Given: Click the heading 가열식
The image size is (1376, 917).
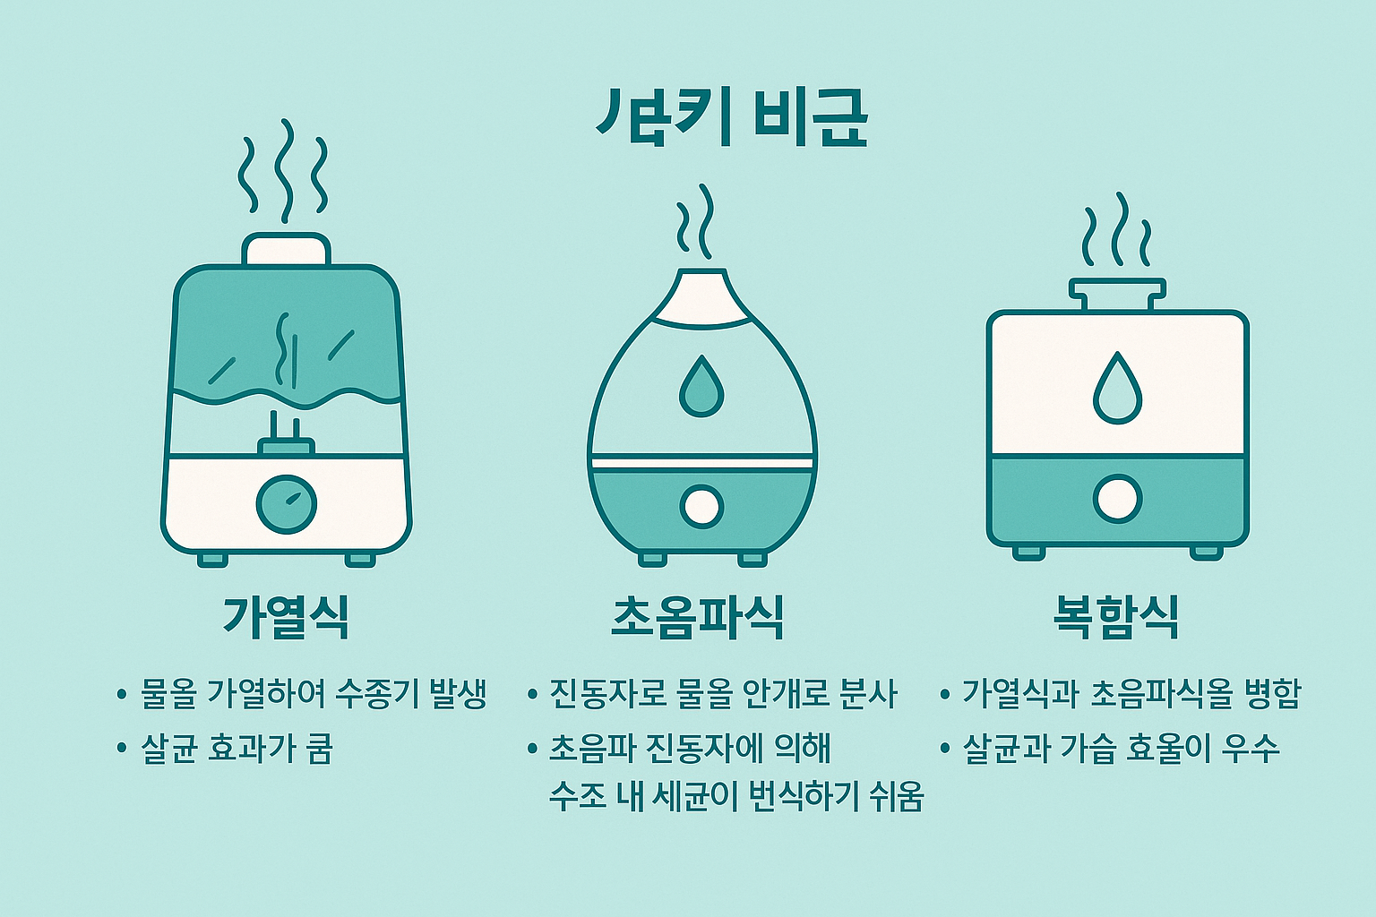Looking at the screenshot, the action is (286, 617).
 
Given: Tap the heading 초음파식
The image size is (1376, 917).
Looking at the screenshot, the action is (697, 617).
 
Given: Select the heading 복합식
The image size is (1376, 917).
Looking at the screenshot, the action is (1115, 617).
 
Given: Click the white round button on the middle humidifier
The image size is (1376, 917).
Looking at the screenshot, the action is (701, 505).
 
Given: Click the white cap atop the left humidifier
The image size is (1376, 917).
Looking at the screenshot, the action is (287, 249).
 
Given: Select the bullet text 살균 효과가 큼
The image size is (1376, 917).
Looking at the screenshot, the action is (236, 749).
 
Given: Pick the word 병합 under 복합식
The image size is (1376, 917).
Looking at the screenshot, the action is (1272, 694).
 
